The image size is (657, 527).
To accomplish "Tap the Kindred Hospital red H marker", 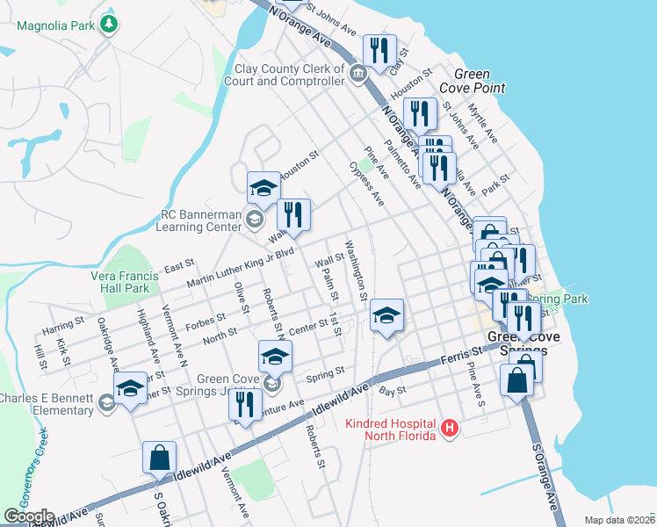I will pos(450,428).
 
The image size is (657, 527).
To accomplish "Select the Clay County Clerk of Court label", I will pos(289,75).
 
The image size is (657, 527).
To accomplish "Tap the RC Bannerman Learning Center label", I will pos(201,220).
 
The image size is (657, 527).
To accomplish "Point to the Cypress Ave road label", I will pos(366,184).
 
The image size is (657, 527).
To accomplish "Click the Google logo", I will pos(28,516).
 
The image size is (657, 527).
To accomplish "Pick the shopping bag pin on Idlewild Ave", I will pos(160,457).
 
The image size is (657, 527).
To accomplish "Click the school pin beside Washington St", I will pos(386,315).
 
